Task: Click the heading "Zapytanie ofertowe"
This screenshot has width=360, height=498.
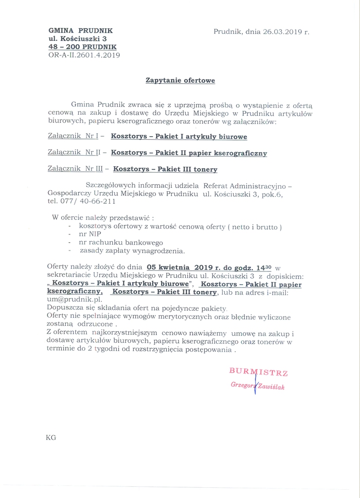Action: (x=180, y=80)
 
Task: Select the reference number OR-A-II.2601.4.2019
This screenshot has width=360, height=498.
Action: (x=84, y=55)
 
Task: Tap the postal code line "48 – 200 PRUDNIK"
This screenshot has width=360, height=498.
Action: (x=82, y=47)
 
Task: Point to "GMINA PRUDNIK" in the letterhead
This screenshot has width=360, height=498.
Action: (x=80, y=30)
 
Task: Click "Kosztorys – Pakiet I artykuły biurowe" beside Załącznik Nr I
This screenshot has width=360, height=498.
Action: (x=179, y=137)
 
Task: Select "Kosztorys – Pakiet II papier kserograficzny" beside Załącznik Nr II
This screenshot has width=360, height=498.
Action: (x=189, y=153)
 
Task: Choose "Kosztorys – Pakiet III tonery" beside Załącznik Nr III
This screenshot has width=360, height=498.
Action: (x=165, y=169)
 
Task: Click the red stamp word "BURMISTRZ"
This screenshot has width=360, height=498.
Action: (x=259, y=373)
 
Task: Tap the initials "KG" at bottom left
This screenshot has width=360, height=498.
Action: (x=51, y=437)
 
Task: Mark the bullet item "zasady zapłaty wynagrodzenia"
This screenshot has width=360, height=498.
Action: (x=132, y=250)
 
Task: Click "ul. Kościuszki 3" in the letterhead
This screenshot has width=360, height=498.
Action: (x=77, y=38)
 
